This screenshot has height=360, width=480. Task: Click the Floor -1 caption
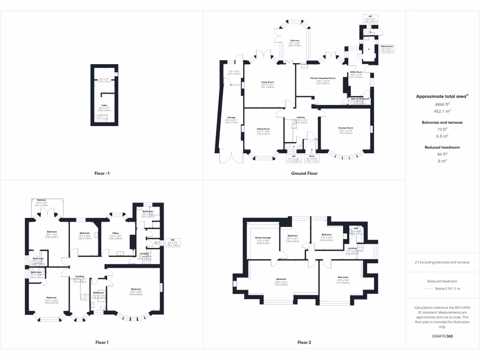tap(102, 173)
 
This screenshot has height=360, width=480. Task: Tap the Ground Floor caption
tap(304, 173)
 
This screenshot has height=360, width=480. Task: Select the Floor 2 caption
tap(304, 342)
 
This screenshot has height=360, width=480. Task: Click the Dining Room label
tap(263, 129)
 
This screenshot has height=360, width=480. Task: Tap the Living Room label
tap(268, 82)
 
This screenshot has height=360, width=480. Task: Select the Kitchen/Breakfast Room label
tap(323, 78)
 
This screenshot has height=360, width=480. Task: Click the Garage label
tap(232, 117)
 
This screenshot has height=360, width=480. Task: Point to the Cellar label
tap(105, 105)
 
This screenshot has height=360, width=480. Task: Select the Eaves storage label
tap(263, 238)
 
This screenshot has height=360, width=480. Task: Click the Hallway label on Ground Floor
tap(301, 117)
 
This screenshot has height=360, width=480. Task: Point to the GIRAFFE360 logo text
tap(442, 336)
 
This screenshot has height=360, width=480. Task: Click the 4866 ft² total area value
tap(442, 105)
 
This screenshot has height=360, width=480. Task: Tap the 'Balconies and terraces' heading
tap(442, 122)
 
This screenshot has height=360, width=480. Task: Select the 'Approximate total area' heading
tap(441, 96)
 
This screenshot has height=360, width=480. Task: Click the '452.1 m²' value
tap(442, 111)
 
